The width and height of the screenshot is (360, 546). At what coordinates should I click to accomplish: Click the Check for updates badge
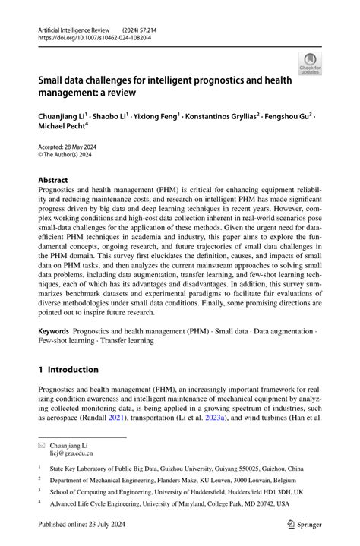[311, 63]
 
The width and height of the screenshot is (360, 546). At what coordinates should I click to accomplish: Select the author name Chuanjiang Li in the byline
[63, 117]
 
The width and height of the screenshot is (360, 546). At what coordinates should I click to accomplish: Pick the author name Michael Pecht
[62, 128]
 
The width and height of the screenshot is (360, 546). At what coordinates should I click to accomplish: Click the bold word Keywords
[54, 332]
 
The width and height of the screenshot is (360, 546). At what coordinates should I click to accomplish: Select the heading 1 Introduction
[68, 370]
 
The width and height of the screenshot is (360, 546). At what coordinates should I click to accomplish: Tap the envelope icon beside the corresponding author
[42, 443]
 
